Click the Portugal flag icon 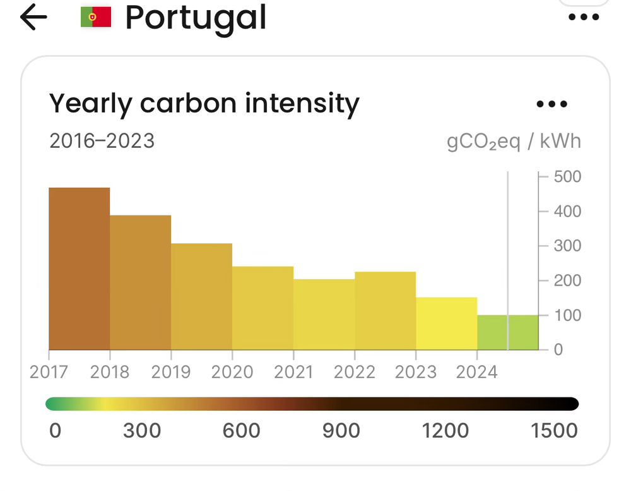(96, 18)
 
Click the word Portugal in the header (196, 18)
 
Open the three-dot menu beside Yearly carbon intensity (551, 104)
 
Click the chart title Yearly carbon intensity (204, 103)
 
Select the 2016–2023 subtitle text (102, 140)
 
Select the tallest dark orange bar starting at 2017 (80, 269)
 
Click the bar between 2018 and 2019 (140, 282)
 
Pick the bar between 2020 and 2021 (262, 308)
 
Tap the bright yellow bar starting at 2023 (446, 323)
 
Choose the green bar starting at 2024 (507, 332)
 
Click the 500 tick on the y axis (567, 176)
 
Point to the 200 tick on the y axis (567, 281)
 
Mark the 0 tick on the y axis (558, 349)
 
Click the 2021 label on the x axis (293, 372)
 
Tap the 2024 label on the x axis (477, 372)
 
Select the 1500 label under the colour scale (554, 431)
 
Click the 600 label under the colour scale (242, 431)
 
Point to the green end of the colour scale (53, 404)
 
